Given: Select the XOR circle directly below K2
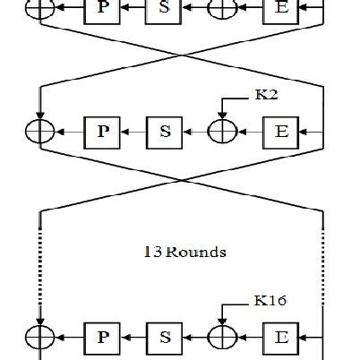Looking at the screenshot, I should pos(221,132).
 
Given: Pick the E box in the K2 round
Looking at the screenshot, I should pos(280,132).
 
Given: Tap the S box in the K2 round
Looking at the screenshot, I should pos(165,132).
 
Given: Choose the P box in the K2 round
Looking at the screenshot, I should pos(100,132).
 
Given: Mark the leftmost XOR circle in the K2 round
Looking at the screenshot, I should pos(40,132).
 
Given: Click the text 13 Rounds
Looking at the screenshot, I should pos(184,253).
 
